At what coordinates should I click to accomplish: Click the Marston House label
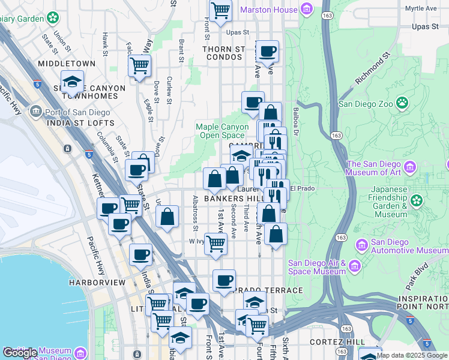coord(268,10)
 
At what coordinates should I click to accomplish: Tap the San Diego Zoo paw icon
coord(402,103)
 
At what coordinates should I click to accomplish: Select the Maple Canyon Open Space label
coord(222,131)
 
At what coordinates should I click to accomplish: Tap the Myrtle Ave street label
coord(420,9)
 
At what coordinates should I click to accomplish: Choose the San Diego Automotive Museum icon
coord(362,245)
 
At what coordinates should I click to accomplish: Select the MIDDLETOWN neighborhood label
coord(67,63)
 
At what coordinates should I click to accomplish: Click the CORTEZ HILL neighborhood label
coord(337,341)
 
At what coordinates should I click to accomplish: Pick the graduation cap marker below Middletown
coord(73,82)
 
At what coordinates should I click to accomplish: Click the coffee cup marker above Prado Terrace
coord(224,281)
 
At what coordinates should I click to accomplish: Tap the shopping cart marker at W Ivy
coord(215,244)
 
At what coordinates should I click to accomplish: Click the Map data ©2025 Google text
coord(412,355)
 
